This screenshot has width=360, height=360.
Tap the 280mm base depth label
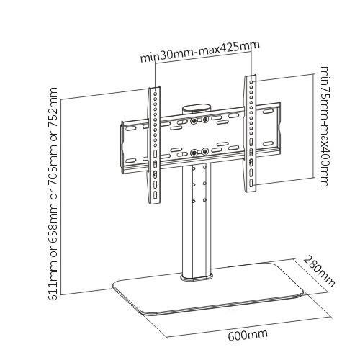click(319, 270)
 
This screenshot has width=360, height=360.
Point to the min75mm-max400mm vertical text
click(325, 127)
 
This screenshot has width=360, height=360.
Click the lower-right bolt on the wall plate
click(205, 151)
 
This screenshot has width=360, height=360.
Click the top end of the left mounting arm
click(152, 91)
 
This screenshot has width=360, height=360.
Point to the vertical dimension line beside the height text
click(64, 194)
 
